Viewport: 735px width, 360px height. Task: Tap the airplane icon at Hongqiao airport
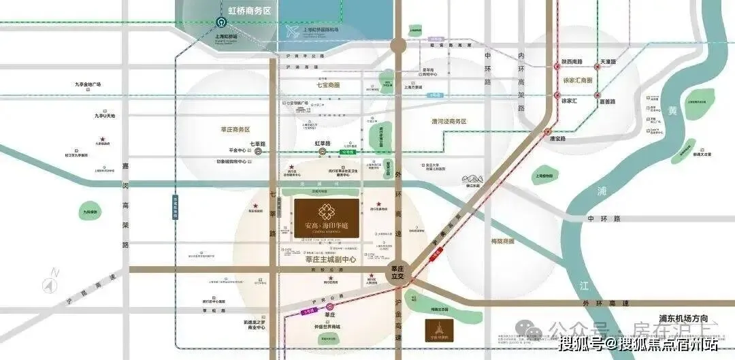click(x=293, y=32)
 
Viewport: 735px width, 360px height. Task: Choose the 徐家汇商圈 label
click(x=578, y=80)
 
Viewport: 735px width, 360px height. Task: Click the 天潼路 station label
click(x=608, y=62)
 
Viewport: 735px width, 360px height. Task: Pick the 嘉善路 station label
click(x=607, y=101)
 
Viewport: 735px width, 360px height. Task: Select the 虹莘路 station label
click(x=323, y=144)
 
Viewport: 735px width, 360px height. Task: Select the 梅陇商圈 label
click(x=502, y=242)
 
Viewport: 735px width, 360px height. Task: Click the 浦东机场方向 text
click(x=683, y=318)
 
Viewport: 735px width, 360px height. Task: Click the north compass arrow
click(x=49, y=282)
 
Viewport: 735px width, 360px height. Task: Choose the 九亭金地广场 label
click(x=88, y=84)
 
